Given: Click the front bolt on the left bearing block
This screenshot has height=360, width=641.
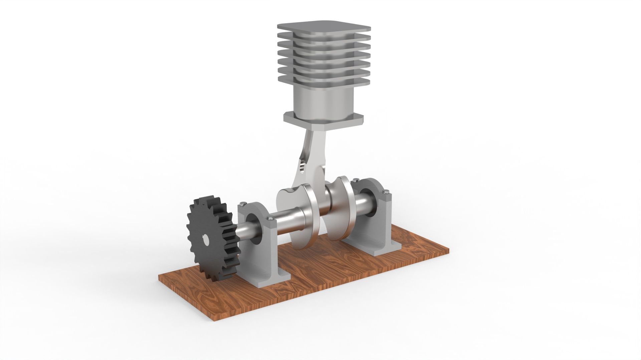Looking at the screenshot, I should pos(270,219).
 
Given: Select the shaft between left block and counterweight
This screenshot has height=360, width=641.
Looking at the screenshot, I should pos(287,220).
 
